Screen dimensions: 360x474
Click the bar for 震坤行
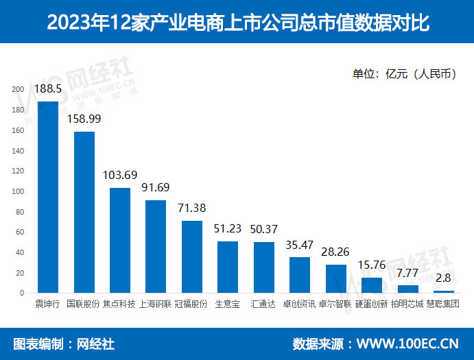pos(48,197)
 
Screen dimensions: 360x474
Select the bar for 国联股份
pos(84,213)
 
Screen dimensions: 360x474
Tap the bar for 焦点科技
pos(120,241)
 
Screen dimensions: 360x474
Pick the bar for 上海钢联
pos(156,247)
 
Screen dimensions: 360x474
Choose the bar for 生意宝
pos(228,267)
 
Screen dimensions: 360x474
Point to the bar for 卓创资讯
pos(300,275)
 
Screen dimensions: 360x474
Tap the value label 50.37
pos(263,229)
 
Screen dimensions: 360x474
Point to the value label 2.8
pos(443,278)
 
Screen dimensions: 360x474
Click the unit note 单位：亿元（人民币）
pos(404,74)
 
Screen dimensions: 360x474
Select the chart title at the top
pos(237,23)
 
